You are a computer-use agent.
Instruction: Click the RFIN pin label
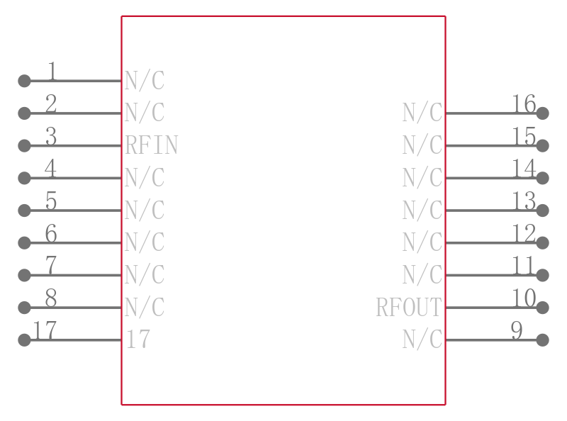(151, 145)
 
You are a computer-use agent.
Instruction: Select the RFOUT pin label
(409, 308)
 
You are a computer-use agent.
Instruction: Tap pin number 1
(52, 71)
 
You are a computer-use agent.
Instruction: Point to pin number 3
(51, 136)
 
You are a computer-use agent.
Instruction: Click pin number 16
(524, 104)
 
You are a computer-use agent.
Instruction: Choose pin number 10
(524, 298)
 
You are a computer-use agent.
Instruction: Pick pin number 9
(517, 331)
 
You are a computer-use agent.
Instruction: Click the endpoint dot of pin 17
(24, 340)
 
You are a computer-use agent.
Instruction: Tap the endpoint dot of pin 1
(24, 81)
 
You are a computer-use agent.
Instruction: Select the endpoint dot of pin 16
(542, 113)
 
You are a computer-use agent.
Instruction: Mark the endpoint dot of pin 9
(542, 340)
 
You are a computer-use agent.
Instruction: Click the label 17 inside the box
(138, 340)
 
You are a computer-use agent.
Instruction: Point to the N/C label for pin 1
(145, 81)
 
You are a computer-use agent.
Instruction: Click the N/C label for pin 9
(422, 340)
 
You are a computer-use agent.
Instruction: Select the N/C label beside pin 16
(422, 113)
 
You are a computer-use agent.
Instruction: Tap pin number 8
(51, 298)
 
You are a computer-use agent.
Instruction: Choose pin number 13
(524, 201)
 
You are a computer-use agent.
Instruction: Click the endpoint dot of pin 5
(24, 211)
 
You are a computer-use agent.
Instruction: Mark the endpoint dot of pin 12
(542, 243)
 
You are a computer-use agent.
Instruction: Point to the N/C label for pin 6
(145, 243)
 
